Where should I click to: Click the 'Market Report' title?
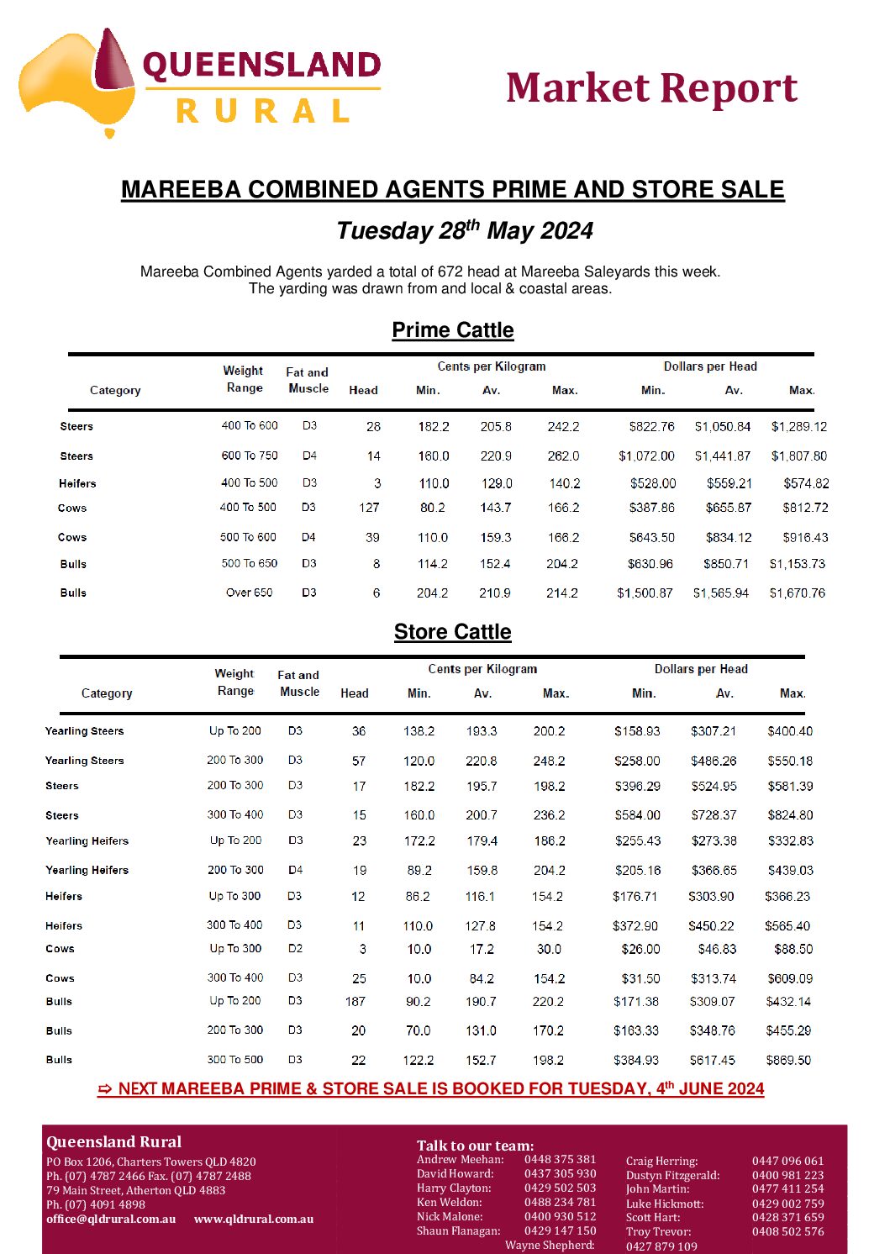[x=651, y=88]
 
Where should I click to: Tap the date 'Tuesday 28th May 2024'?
[x=465, y=230]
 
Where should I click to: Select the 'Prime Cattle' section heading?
[x=452, y=330]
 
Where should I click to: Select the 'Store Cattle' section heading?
[x=452, y=632]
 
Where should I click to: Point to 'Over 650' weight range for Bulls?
[x=249, y=593]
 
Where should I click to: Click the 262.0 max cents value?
[x=563, y=456]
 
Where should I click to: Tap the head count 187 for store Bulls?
[x=355, y=1002]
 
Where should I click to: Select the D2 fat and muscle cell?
[x=295, y=949]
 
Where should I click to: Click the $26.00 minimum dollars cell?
[x=640, y=949]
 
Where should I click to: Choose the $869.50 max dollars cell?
[x=788, y=1060]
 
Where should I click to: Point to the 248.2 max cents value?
[x=549, y=761]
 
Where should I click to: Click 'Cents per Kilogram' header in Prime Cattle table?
[x=492, y=366]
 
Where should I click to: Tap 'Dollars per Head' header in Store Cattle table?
[x=701, y=669]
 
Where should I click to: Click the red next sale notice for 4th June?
[x=431, y=1089]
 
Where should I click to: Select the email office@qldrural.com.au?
[x=111, y=1219]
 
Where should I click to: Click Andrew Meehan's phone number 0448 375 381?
[x=560, y=1159]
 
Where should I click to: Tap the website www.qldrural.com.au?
[x=254, y=1219]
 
